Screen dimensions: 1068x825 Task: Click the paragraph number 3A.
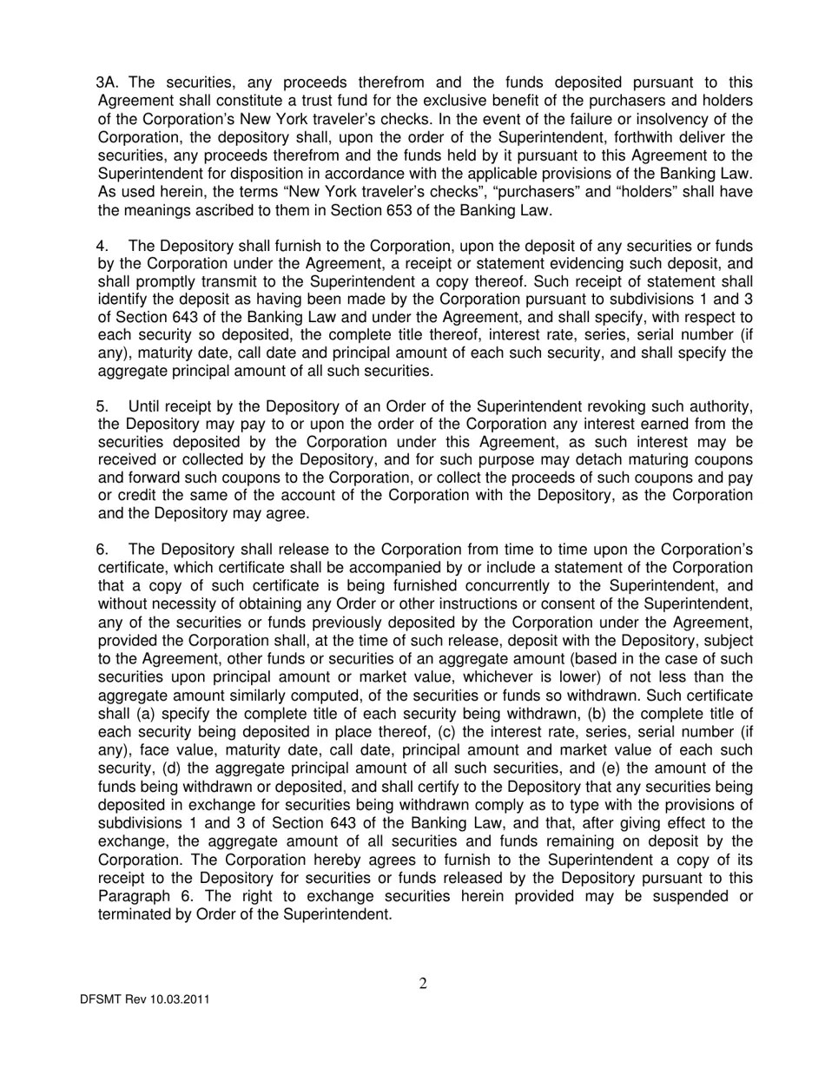108,82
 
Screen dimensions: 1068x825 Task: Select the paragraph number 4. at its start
102,246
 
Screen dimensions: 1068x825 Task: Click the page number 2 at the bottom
423,984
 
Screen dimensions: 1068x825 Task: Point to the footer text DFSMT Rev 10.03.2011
145,999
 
